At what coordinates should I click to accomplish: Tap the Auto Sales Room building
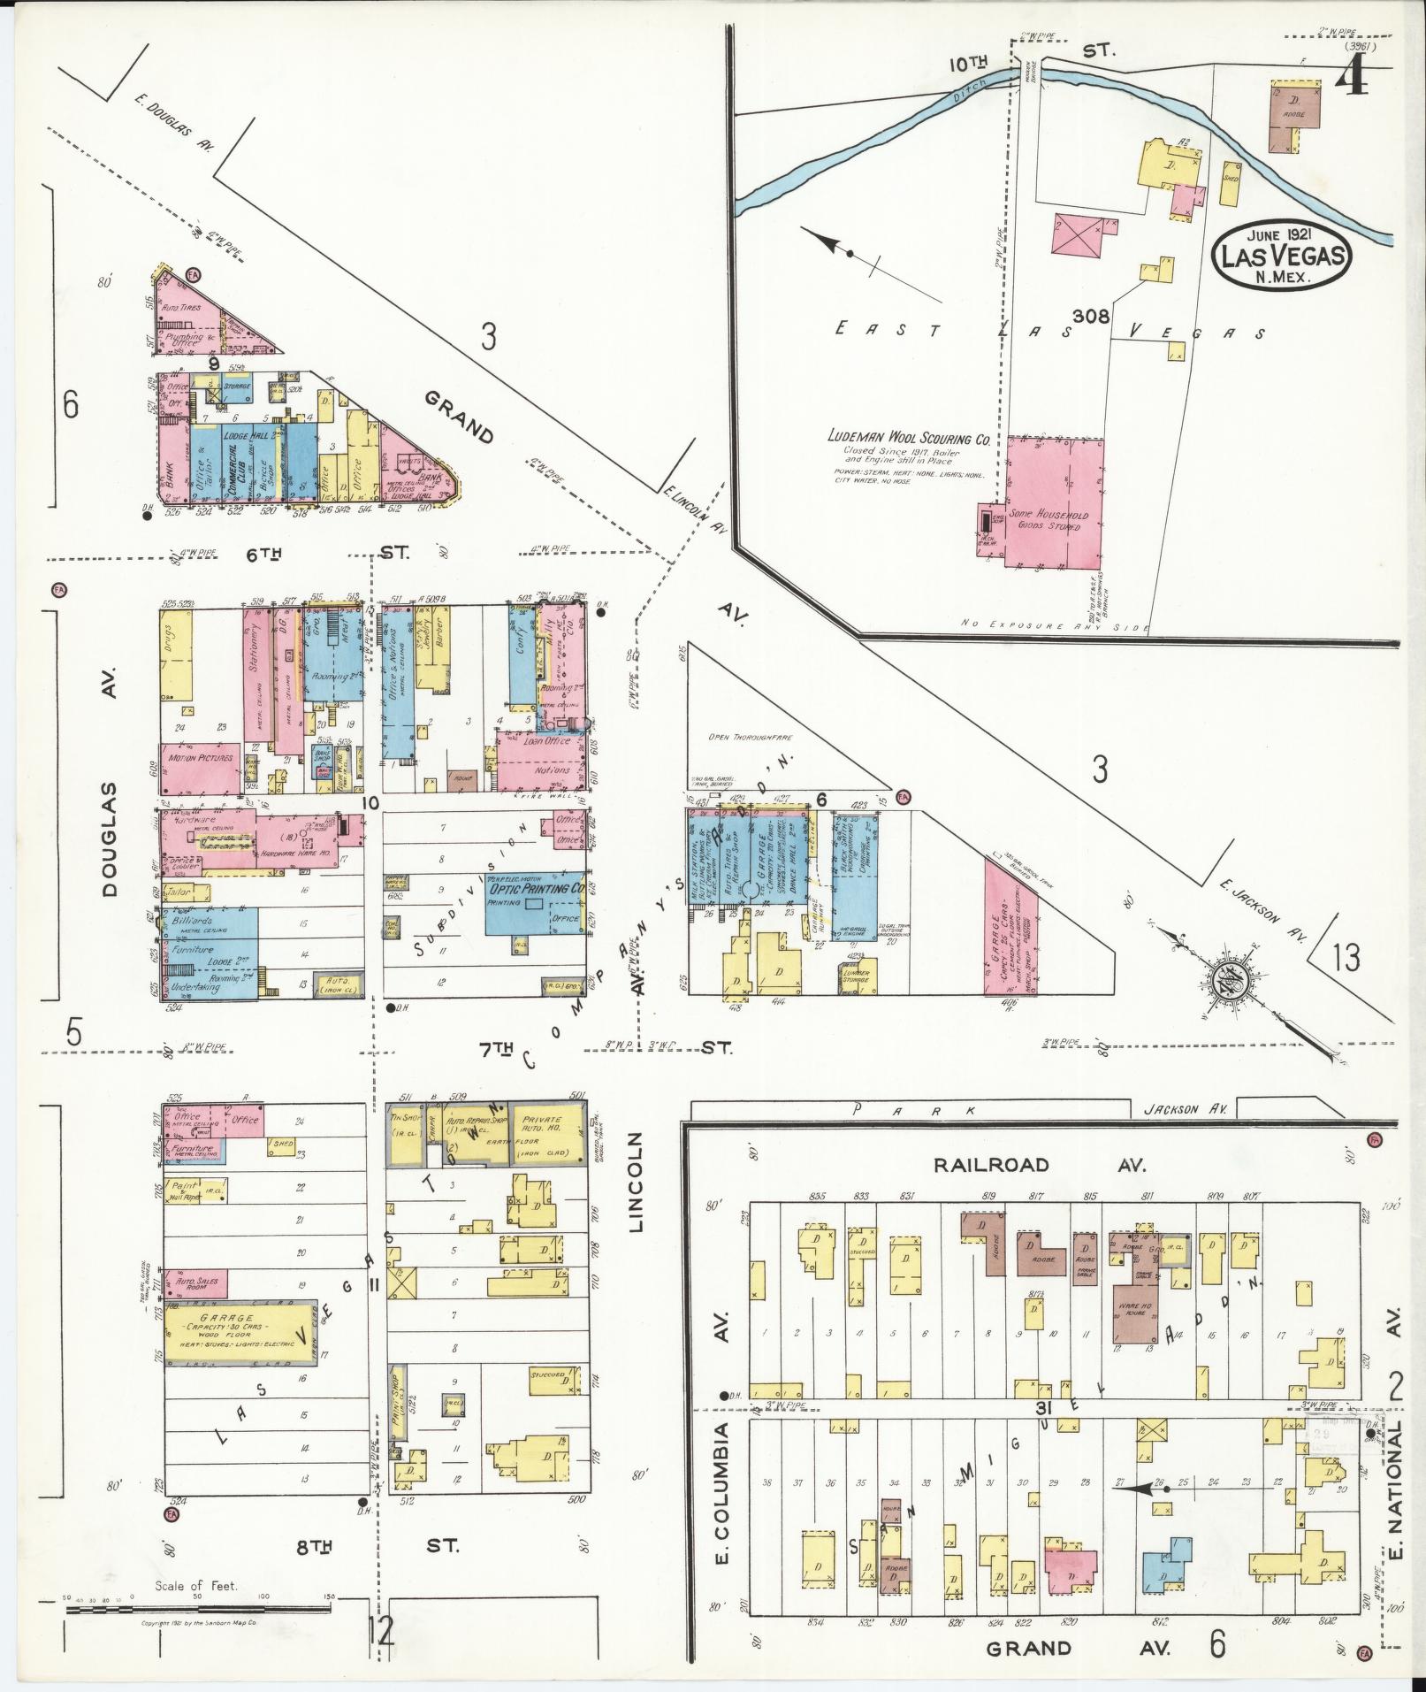[195, 1282]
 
